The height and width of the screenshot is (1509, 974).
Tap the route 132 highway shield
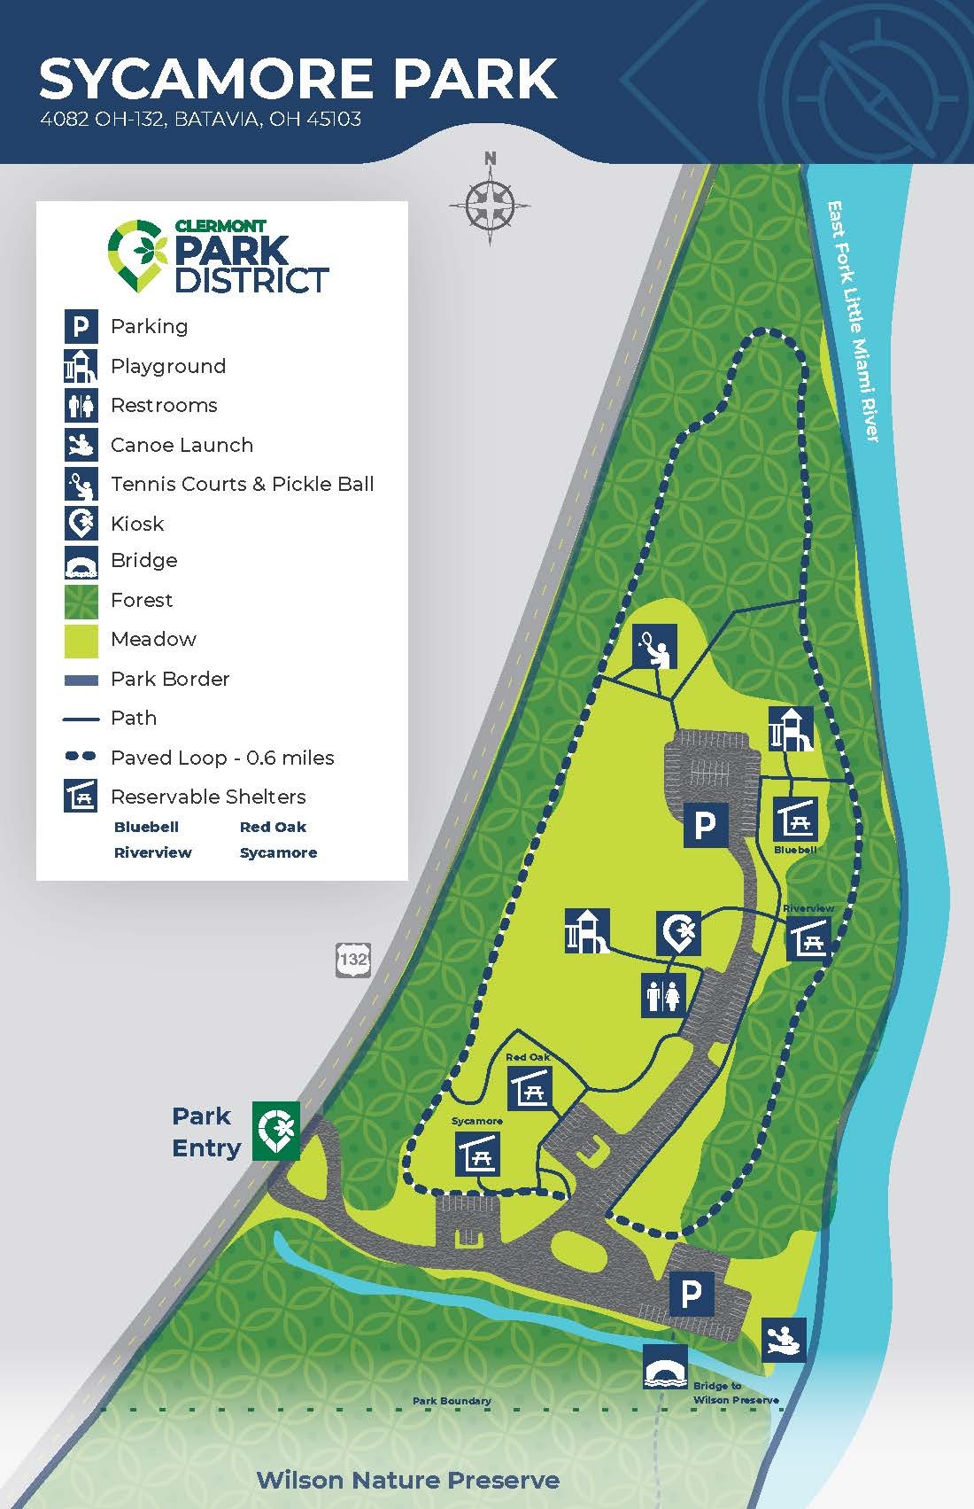(x=352, y=959)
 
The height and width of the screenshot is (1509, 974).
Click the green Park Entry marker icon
(x=276, y=1131)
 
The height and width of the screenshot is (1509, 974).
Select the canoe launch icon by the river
(x=785, y=1339)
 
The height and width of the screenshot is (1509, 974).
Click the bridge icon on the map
(x=666, y=1367)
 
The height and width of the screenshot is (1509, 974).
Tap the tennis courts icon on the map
(x=654, y=647)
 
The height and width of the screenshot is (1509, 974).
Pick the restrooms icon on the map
(x=663, y=994)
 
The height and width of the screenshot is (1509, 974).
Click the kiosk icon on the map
(x=679, y=933)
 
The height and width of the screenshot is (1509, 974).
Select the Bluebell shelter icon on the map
(x=795, y=820)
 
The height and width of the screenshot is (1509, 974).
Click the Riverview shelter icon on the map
(x=808, y=937)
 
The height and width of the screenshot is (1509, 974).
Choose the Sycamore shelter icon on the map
(x=478, y=1154)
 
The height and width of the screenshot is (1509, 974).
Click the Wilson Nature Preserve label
(x=407, y=1480)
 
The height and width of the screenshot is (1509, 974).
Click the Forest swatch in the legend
(x=81, y=601)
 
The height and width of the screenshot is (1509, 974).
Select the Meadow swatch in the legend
(x=81, y=641)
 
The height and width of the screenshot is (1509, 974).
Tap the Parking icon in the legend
(x=81, y=326)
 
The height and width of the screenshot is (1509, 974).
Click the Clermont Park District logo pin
(x=137, y=256)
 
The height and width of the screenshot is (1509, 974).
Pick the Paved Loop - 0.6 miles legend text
(x=222, y=758)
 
